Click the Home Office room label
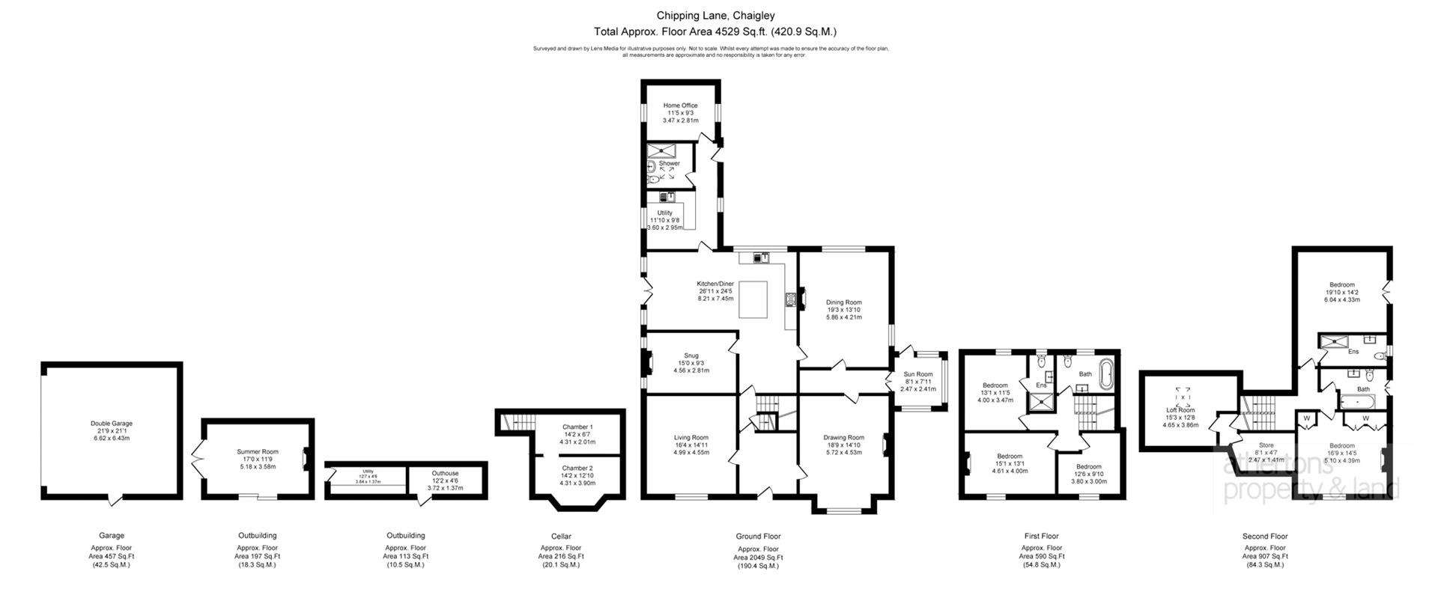coord(680,106)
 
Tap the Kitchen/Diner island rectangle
coord(754,299)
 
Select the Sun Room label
coord(918,374)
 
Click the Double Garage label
coord(112,424)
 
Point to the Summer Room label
coord(258,451)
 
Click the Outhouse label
coord(445,473)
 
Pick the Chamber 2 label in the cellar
coord(577,469)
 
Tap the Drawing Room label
coord(844,438)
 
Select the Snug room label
coord(691,355)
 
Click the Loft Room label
coord(1180,410)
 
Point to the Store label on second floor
coord(1266,445)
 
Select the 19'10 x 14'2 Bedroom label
coord(1342,284)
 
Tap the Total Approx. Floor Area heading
coord(715,31)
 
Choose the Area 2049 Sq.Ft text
coord(758,558)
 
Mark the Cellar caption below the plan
coord(561,536)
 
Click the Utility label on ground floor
coord(664,213)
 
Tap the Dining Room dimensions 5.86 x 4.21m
coord(843,317)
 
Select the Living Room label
coord(691,438)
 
